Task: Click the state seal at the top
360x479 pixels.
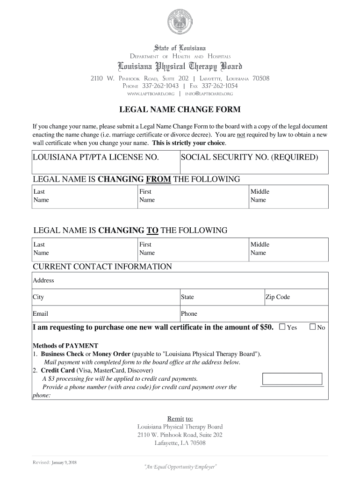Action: pyautogui.click(x=180, y=24)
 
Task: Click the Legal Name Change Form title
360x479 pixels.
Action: pyautogui.click(x=180, y=110)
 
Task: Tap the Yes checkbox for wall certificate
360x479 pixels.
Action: pyautogui.click(x=282, y=327)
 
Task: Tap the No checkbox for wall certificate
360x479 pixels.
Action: pyautogui.click(x=313, y=327)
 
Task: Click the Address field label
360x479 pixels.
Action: pyautogui.click(x=43, y=280)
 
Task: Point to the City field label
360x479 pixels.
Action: pyautogui.click(x=38, y=297)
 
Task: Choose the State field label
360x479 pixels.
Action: pyautogui.click(x=187, y=297)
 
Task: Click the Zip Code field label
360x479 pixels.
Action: pyautogui.click(x=278, y=297)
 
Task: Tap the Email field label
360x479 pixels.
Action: pyautogui.click(x=40, y=313)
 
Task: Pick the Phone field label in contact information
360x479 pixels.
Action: pyautogui.click(x=189, y=313)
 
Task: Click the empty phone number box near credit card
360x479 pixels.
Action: pyautogui.click(x=292, y=379)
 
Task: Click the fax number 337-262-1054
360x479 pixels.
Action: pyautogui.click(x=220, y=86)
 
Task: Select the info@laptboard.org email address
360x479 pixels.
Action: pyautogui.click(x=209, y=94)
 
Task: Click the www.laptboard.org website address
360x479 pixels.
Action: pyautogui.click(x=151, y=94)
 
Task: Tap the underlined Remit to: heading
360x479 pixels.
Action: pyautogui.click(x=180, y=418)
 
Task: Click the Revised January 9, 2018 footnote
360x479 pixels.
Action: pyautogui.click(x=55, y=462)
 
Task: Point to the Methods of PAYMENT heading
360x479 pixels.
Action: pyautogui.click(x=65, y=346)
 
